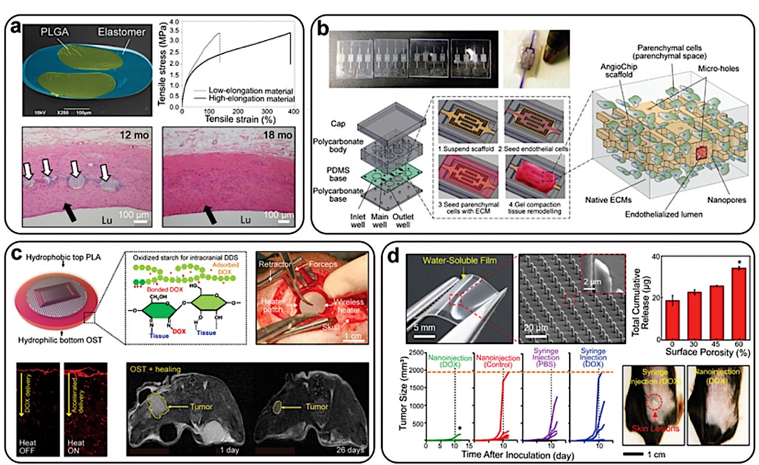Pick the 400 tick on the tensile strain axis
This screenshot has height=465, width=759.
click(291, 110)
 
